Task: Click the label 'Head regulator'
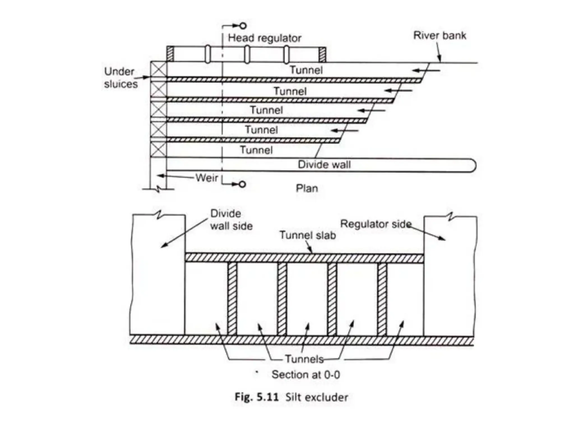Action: tap(264, 38)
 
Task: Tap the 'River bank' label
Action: tap(439, 36)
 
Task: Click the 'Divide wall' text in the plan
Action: tap(324, 164)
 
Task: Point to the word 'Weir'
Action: tap(207, 178)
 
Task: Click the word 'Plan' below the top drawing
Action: tap(307, 188)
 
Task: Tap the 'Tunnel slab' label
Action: tap(307, 235)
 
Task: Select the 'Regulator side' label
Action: tap(376, 224)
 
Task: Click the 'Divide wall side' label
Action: tap(231, 220)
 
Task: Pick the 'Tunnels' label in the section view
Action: tap(304, 359)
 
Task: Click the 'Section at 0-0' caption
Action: tap(305, 375)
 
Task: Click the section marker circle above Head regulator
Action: tap(243, 26)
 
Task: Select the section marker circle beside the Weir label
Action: tap(243, 184)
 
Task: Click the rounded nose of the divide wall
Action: tap(472, 165)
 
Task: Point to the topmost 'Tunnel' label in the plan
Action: tap(306, 70)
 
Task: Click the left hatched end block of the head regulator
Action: tap(170, 54)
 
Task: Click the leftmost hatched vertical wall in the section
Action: tap(232, 299)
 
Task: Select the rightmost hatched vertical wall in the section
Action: tap(382, 299)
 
